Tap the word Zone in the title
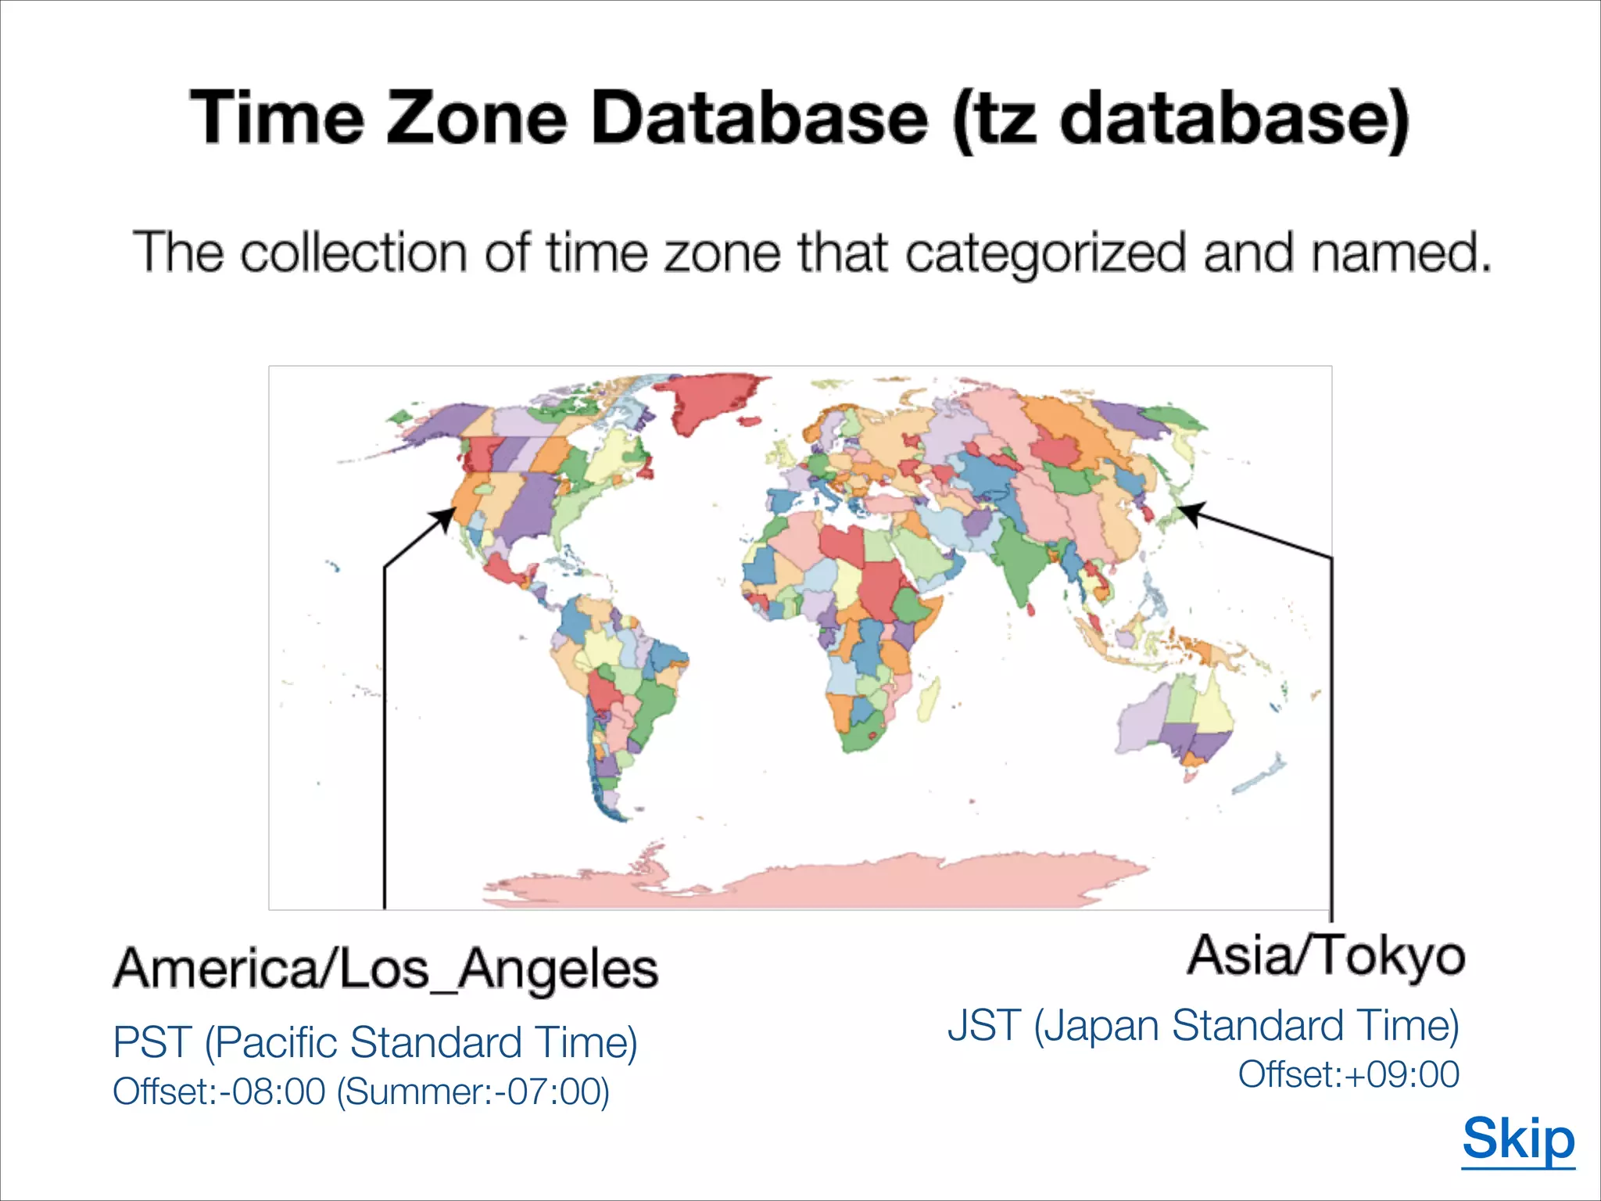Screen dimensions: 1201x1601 point(476,119)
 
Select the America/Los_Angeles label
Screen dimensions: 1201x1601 point(386,970)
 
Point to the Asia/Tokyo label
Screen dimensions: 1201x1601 point(1326,955)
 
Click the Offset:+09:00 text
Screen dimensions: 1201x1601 point(1348,1074)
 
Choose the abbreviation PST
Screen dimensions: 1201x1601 point(152,1042)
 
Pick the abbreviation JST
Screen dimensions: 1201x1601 point(984,1025)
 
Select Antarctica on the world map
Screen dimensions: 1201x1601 point(821,884)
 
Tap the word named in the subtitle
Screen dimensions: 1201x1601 point(1399,253)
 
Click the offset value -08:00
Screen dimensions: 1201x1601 point(273,1092)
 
